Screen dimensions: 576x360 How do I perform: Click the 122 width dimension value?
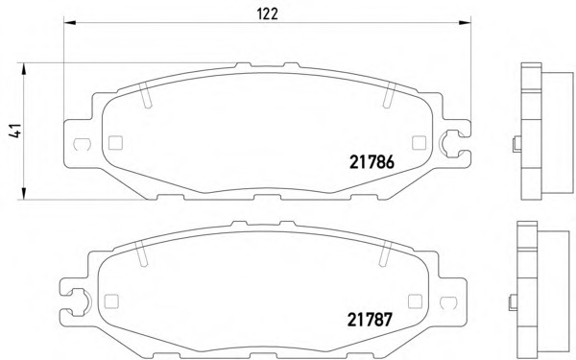pos(268,14)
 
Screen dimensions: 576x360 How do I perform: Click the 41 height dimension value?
pos(15,132)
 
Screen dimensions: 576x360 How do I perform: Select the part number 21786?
pos(372,162)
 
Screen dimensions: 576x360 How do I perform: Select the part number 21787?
pos(370,320)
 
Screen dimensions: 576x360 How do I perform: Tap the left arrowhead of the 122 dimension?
pos(70,23)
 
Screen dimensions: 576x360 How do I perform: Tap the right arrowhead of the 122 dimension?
pos(465,23)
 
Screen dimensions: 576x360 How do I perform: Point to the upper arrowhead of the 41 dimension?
pos(24,69)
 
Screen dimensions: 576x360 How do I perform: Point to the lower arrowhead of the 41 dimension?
pos(24,194)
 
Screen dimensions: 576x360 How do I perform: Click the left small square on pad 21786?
pos(115,143)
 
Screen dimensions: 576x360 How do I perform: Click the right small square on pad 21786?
pos(419,143)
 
